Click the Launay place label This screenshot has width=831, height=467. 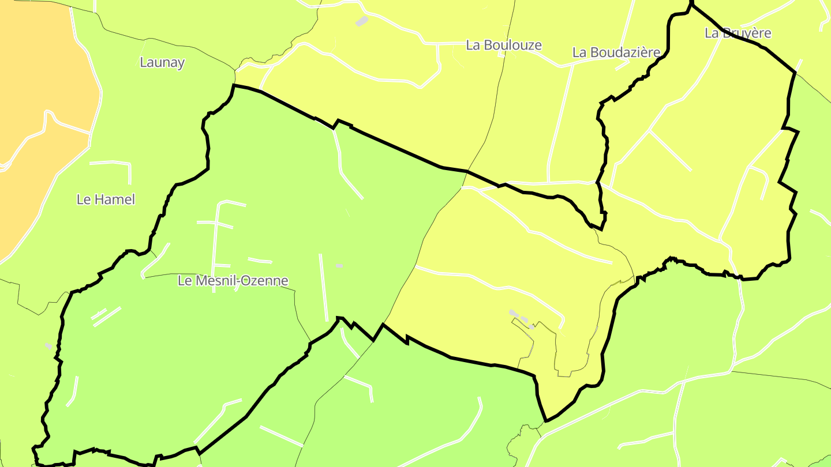pyautogui.click(x=162, y=62)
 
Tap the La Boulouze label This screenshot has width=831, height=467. pyautogui.click(x=504, y=45)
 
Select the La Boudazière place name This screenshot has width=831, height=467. pyautogui.click(x=616, y=52)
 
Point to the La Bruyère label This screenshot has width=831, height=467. pyautogui.click(x=738, y=33)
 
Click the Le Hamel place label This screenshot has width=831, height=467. pyautogui.click(x=106, y=199)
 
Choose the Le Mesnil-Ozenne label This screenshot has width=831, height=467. pyautogui.click(x=233, y=281)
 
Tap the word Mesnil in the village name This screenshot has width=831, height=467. pyautogui.click(x=215, y=281)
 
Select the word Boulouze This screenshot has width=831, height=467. pyautogui.click(x=512, y=45)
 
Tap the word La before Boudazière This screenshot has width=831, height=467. pyautogui.click(x=579, y=52)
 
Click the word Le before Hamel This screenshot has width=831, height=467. pyautogui.click(x=83, y=199)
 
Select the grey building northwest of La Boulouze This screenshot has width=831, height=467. pyautogui.click(x=361, y=21)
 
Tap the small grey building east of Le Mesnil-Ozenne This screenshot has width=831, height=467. pyautogui.click(x=339, y=265)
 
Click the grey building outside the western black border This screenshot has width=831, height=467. pyautogui.click(x=48, y=346)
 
